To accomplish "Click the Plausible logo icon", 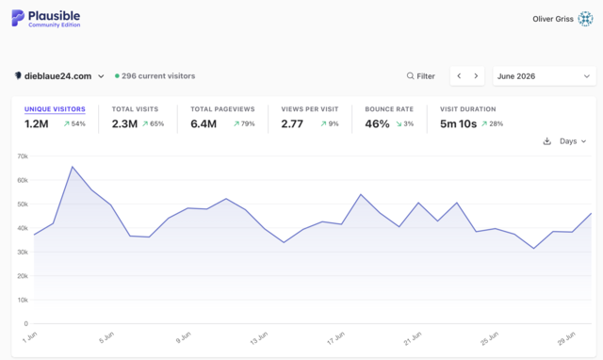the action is [18, 18].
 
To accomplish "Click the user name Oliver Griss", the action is [553, 19].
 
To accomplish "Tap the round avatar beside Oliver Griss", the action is [585, 19].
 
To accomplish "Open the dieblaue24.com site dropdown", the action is [59, 76].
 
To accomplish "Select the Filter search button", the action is [421, 76].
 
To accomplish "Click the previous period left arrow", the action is [459, 76].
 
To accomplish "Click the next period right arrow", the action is [476, 76].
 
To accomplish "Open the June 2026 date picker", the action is [545, 76].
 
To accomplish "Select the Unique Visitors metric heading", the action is [55, 109].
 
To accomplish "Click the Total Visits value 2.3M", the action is [124, 123].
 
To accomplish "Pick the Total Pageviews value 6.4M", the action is [204, 123].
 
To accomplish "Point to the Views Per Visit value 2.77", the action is [292, 123].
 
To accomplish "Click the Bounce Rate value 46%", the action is [377, 123].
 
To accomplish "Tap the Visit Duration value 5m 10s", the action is [458, 123].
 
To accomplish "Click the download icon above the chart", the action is [546, 141].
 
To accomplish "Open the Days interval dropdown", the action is [573, 141].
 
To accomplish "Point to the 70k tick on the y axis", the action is [23, 156].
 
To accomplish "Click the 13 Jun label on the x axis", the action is [259, 338].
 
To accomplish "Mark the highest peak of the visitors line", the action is [73, 167].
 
